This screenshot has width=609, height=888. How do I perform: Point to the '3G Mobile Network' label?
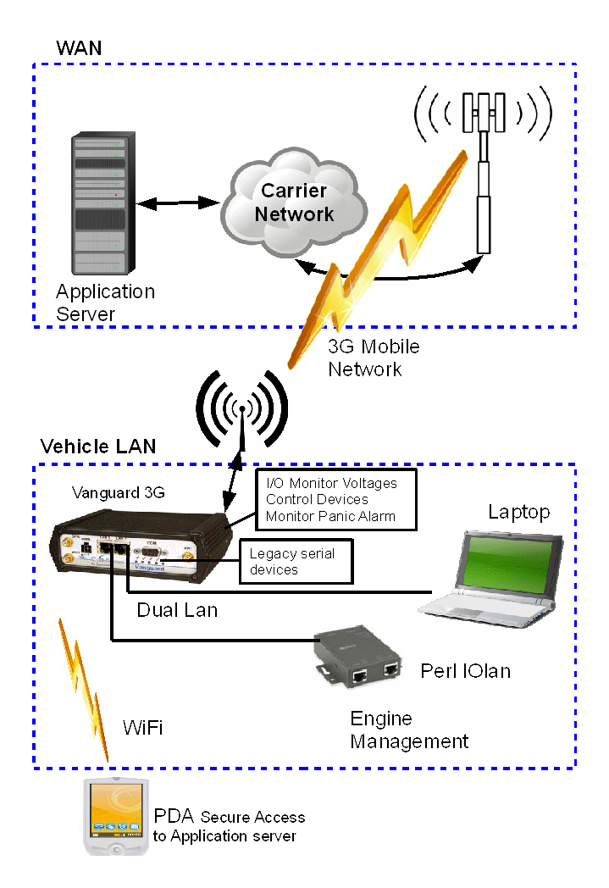click(373, 358)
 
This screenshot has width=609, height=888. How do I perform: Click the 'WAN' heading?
click(79, 47)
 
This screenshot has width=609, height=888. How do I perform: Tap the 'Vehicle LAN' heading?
click(98, 446)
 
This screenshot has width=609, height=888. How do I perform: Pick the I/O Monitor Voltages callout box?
click(337, 500)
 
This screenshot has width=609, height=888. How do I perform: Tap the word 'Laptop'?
click(518, 513)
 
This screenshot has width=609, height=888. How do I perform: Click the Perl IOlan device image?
click(356, 656)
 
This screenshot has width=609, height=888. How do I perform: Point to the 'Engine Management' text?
click(409, 730)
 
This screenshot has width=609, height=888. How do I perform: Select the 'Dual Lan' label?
click(177, 609)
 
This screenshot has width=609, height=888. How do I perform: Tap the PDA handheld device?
click(115, 817)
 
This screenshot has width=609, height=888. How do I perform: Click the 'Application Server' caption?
click(105, 302)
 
